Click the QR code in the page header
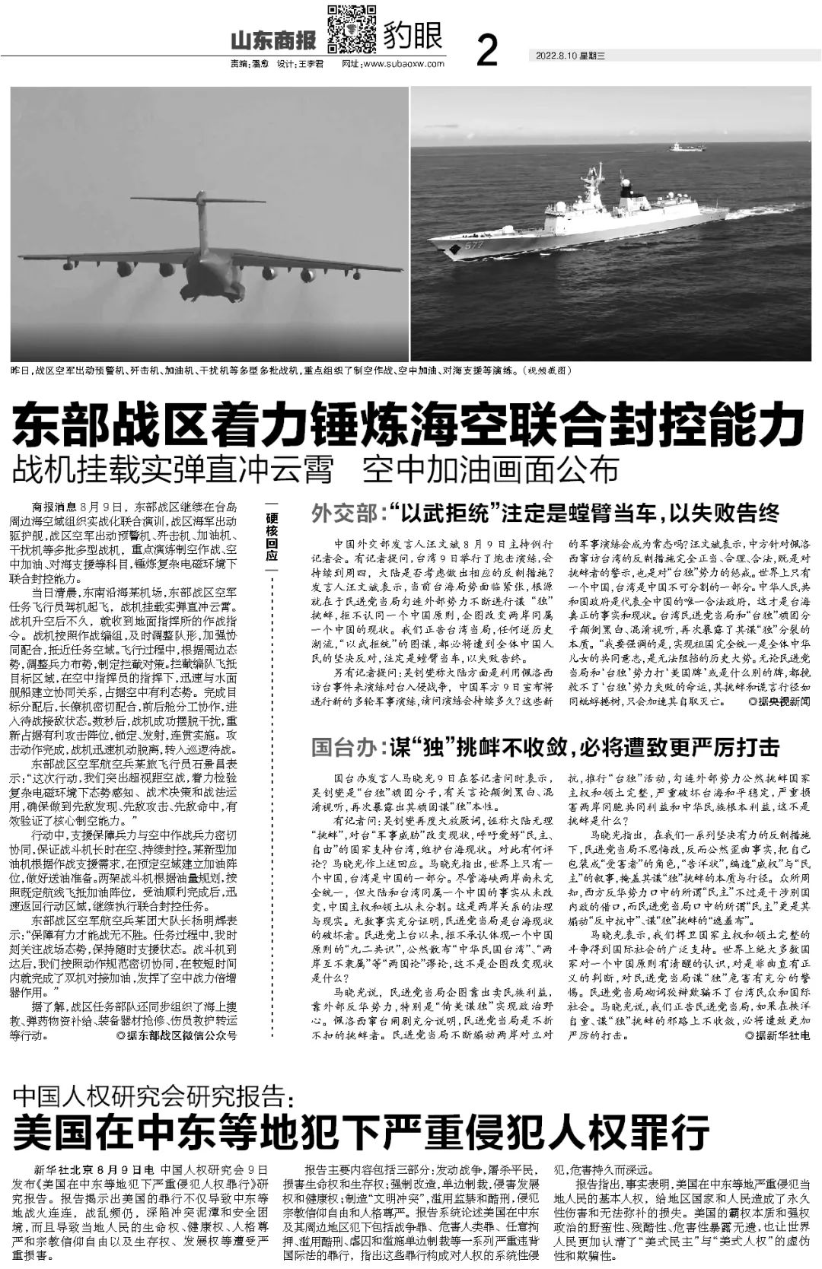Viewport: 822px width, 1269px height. click(x=352, y=28)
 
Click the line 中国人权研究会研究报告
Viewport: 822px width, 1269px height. click(x=153, y=1098)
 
